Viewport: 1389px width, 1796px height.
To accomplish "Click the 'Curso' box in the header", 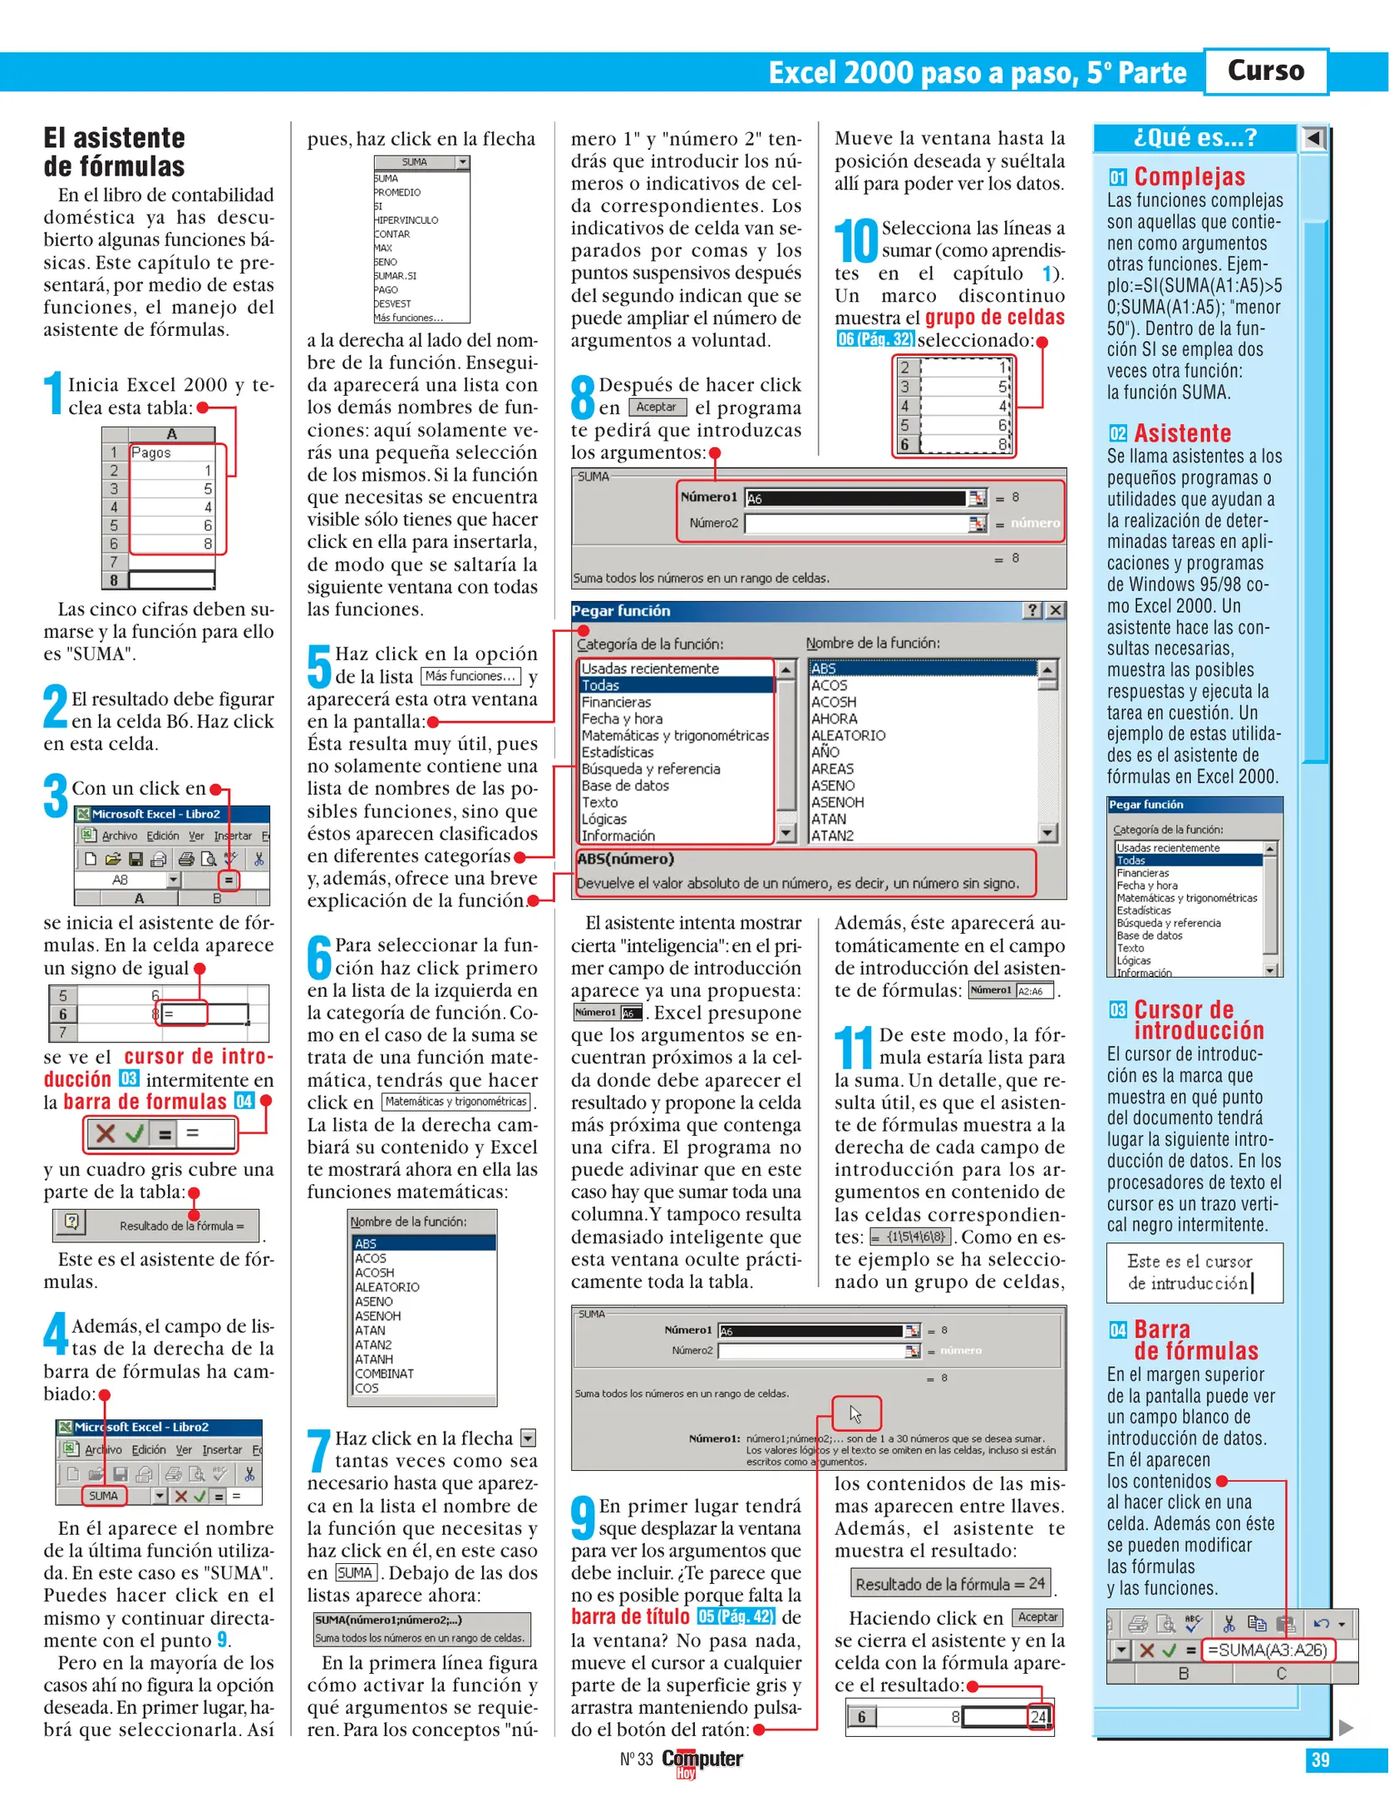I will [1264, 71].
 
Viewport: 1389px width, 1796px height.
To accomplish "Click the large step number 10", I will [855, 241].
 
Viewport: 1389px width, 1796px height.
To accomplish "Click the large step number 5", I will [318, 666].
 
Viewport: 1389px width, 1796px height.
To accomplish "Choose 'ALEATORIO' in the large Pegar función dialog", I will [848, 735].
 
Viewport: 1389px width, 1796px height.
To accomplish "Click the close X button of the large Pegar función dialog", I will [1055, 610].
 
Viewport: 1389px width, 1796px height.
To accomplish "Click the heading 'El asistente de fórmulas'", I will [115, 152].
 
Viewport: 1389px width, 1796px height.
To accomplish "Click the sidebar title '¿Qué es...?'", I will [1194, 137].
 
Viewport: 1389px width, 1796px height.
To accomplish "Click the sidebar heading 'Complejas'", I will [1189, 176].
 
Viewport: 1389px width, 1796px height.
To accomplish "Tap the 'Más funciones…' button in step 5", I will [470, 676].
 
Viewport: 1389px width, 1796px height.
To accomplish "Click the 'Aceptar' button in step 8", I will [657, 407].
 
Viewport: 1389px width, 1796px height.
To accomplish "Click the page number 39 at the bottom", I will [1320, 1759].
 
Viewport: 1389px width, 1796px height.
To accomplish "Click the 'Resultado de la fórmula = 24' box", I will [949, 1583].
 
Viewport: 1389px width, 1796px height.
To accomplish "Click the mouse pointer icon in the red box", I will [855, 1414].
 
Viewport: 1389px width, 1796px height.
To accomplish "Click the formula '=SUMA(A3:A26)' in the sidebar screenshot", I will [1267, 1650].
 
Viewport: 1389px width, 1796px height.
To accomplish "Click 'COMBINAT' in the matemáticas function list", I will [384, 1373].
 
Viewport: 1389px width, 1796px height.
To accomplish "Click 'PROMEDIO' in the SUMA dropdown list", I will [397, 192].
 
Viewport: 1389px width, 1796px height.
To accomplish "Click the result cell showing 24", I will [1038, 1717].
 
